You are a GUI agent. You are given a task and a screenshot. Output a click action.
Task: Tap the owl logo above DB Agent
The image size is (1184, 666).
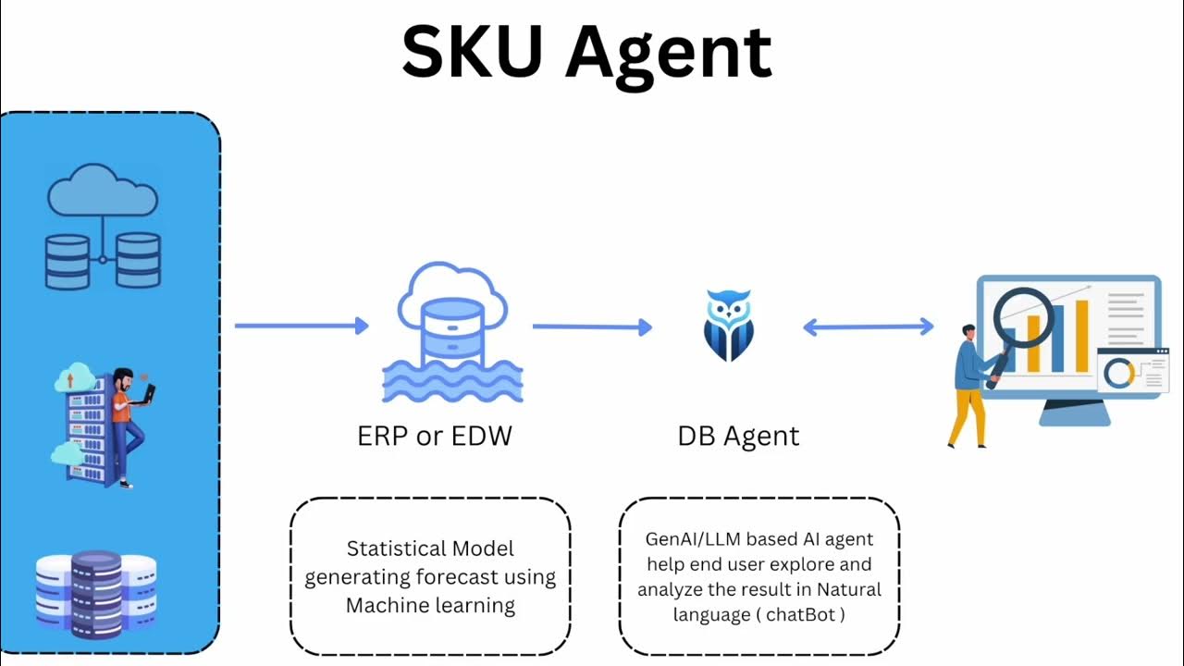(x=729, y=325)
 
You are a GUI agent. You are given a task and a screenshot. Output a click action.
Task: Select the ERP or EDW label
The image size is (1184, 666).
(x=435, y=436)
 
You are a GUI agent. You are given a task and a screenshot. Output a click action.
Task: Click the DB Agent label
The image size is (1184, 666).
(x=738, y=436)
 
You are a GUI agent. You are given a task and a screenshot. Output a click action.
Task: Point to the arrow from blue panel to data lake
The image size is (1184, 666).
(x=302, y=326)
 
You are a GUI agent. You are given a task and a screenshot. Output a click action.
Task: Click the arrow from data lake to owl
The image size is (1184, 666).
(x=592, y=327)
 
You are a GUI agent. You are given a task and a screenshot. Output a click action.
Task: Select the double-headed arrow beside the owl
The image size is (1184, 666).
(x=868, y=326)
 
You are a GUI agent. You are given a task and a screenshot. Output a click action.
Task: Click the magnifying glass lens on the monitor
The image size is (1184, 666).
(x=1023, y=317)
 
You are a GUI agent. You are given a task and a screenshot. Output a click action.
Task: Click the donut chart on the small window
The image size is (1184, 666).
(x=1119, y=372)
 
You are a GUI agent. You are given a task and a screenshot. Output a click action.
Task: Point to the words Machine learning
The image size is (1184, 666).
(x=430, y=606)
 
